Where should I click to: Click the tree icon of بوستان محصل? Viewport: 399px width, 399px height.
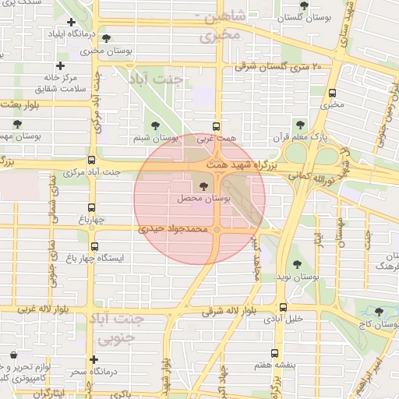point(204,187)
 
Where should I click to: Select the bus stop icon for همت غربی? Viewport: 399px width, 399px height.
point(216,126)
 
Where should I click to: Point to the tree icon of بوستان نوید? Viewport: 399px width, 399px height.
point(297,264)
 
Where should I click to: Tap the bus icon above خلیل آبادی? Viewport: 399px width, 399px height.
point(282,307)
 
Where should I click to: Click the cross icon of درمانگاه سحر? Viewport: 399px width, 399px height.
point(94,360)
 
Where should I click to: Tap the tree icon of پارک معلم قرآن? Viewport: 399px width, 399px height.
point(300,125)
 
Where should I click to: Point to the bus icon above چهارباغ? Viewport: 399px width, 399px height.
point(92,207)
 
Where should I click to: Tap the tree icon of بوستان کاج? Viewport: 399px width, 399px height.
point(379,311)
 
